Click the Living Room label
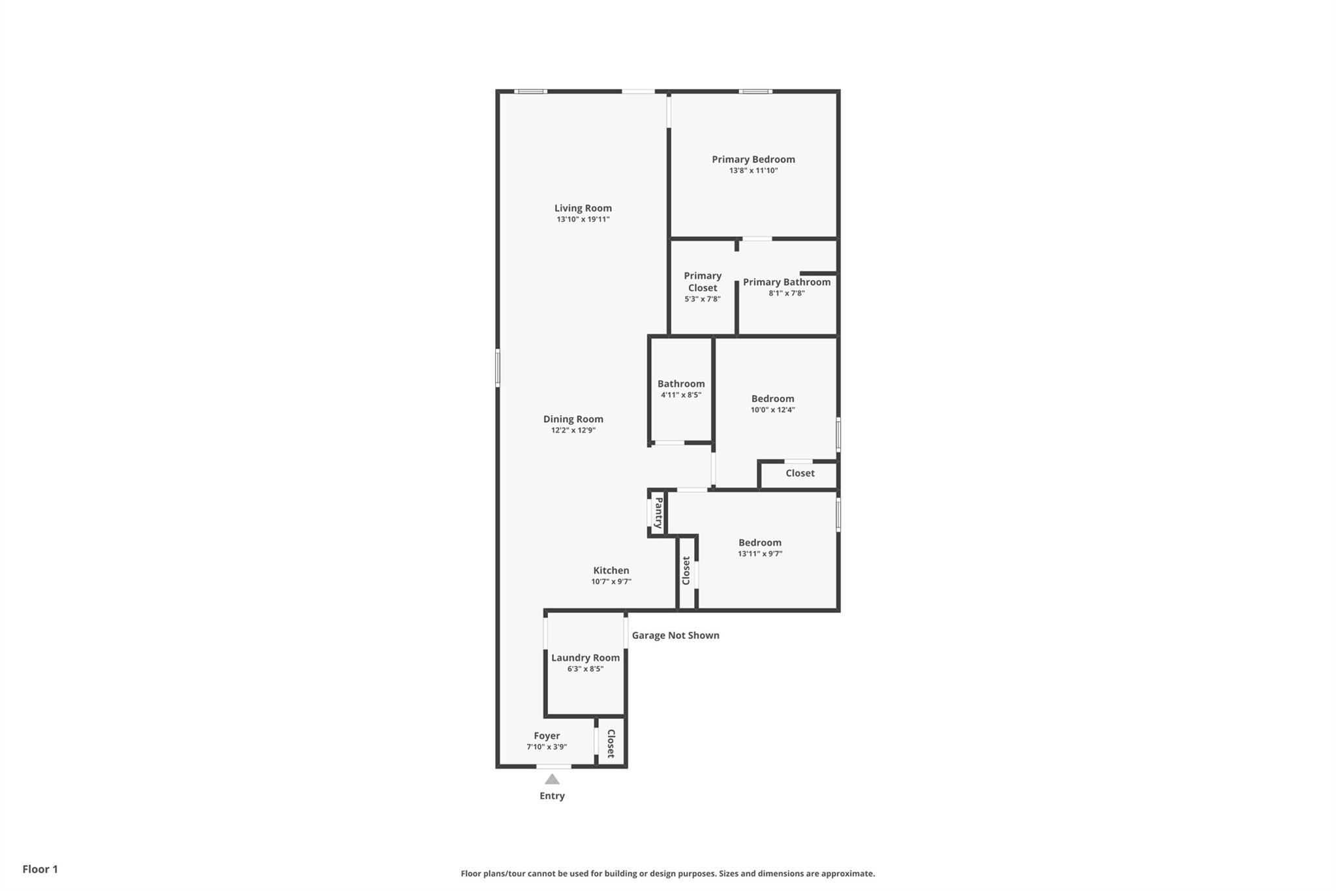pyautogui.click(x=583, y=208)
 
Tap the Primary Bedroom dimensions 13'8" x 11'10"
pyautogui.click(x=753, y=171)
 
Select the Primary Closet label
pyautogui.click(x=703, y=281)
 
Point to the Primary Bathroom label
pyautogui.click(x=786, y=282)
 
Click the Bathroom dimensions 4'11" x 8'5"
pyautogui.click(x=680, y=395)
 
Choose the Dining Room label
pyautogui.click(x=573, y=419)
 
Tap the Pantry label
pyautogui.click(x=658, y=513)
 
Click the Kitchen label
pyautogui.click(x=611, y=571)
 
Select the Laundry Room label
pyautogui.click(x=585, y=658)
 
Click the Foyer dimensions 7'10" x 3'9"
pyautogui.click(x=547, y=747)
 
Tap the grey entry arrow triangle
pyautogui.click(x=552, y=779)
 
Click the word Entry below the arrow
pyautogui.click(x=552, y=796)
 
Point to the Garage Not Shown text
pyautogui.click(x=675, y=635)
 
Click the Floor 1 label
pyautogui.click(x=40, y=869)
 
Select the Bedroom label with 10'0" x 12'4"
pyautogui.click(x=772, y=399)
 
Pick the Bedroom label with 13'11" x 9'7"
pyautogui.click(x=759, y=542)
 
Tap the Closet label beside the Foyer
pyautogui.click(x=611, y=743)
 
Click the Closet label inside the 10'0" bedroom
pyautogui.click(x=800, y=473)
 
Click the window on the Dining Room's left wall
pyautogui.click(x=497, y=367)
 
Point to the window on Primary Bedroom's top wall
pyautogui.click(x=755, y=91)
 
